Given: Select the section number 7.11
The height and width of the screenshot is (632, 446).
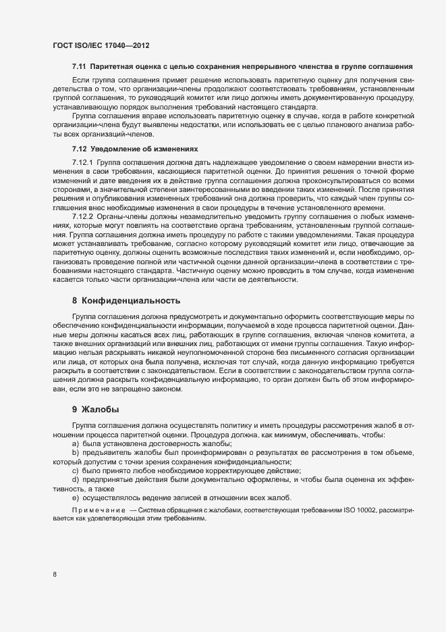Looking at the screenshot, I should pos(80,68).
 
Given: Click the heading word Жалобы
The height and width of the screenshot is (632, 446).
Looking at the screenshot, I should pos(101,410).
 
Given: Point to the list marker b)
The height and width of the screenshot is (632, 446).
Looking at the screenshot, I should pos(76,452).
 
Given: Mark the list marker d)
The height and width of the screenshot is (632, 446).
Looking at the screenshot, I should pos(76,479).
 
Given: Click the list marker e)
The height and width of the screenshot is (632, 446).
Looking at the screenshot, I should pos(76,497).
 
